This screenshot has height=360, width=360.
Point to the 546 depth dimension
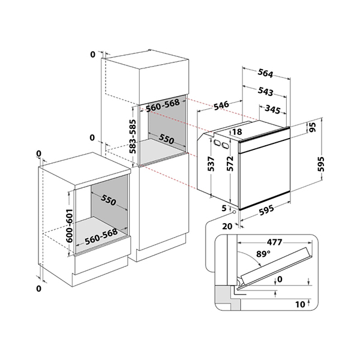221,106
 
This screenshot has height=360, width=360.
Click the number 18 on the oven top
236,131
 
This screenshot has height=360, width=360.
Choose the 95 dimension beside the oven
311,128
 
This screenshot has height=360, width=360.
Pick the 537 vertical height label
211,164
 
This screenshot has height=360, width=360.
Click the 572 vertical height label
230,164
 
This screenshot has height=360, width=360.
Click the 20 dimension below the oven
227,226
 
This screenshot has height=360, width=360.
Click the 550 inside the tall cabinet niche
167,139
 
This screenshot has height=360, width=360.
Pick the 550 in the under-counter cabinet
108,199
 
